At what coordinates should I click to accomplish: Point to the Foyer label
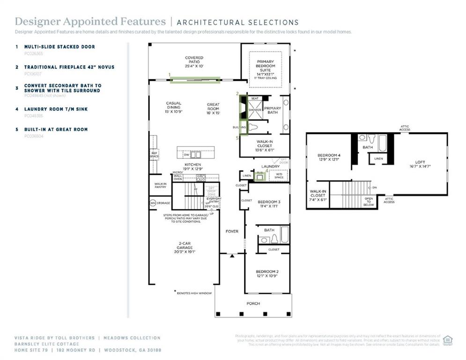click(x=232, y=231)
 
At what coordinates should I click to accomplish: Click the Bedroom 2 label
click(x=267, y=274)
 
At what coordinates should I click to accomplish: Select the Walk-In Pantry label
click(x=160, y=185)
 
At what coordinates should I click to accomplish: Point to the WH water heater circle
click(x=153, y=203)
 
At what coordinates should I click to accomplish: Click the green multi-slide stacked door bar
click(x=195, y=80)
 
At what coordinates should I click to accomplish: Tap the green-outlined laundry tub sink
click(x=259, y=176)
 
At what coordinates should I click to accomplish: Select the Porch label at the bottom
click(x=253, y=303)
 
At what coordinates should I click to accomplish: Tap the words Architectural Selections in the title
click(x=237, y=22)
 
